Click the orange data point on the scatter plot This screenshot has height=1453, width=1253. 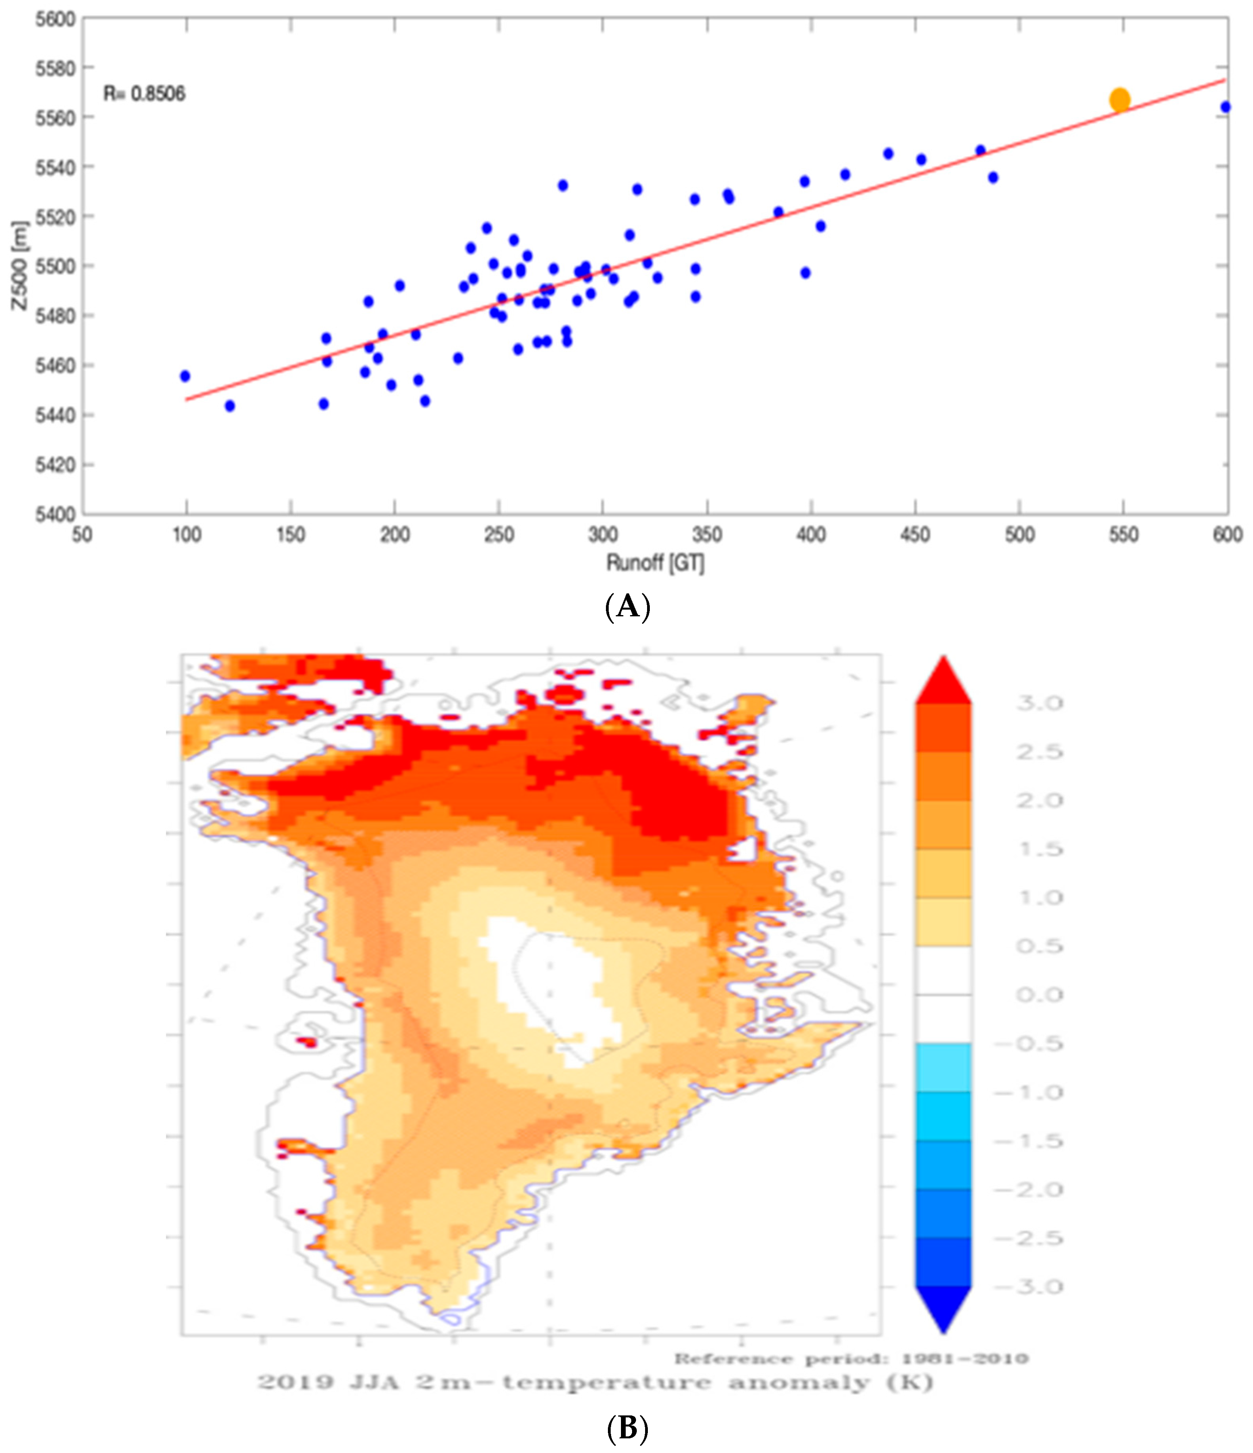(1120, 100)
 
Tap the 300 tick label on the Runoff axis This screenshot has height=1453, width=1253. (602, 535)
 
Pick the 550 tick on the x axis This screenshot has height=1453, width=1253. (1123, 535)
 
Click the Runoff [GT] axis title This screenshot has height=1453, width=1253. (655, 563)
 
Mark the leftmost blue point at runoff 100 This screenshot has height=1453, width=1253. (185, 376)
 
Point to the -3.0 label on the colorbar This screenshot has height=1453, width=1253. (1029, 1287)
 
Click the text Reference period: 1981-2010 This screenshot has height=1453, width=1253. (850, 1359)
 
